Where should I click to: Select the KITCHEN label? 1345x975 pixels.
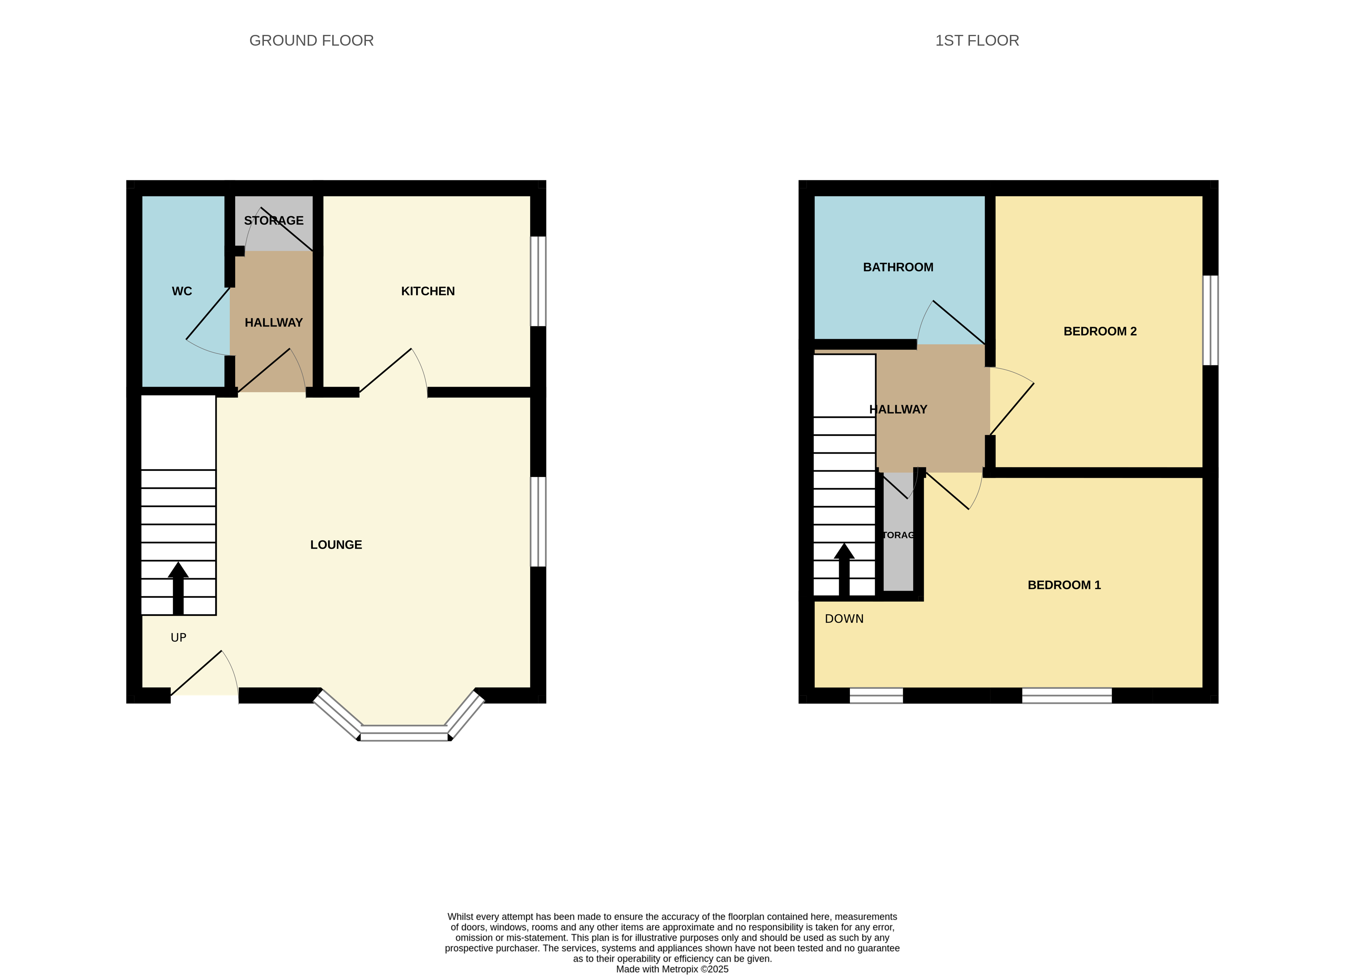pos(428,291)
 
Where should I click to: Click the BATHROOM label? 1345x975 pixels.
pos(897,267)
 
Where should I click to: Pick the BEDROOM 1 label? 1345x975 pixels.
pos(1063,585)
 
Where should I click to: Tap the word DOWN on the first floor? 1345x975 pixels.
pos(843,619)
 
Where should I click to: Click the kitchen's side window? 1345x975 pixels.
pos(537,281)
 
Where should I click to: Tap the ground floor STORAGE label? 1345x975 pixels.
pos(273,221)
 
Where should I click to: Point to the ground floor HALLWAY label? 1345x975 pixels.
pos(273,323)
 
